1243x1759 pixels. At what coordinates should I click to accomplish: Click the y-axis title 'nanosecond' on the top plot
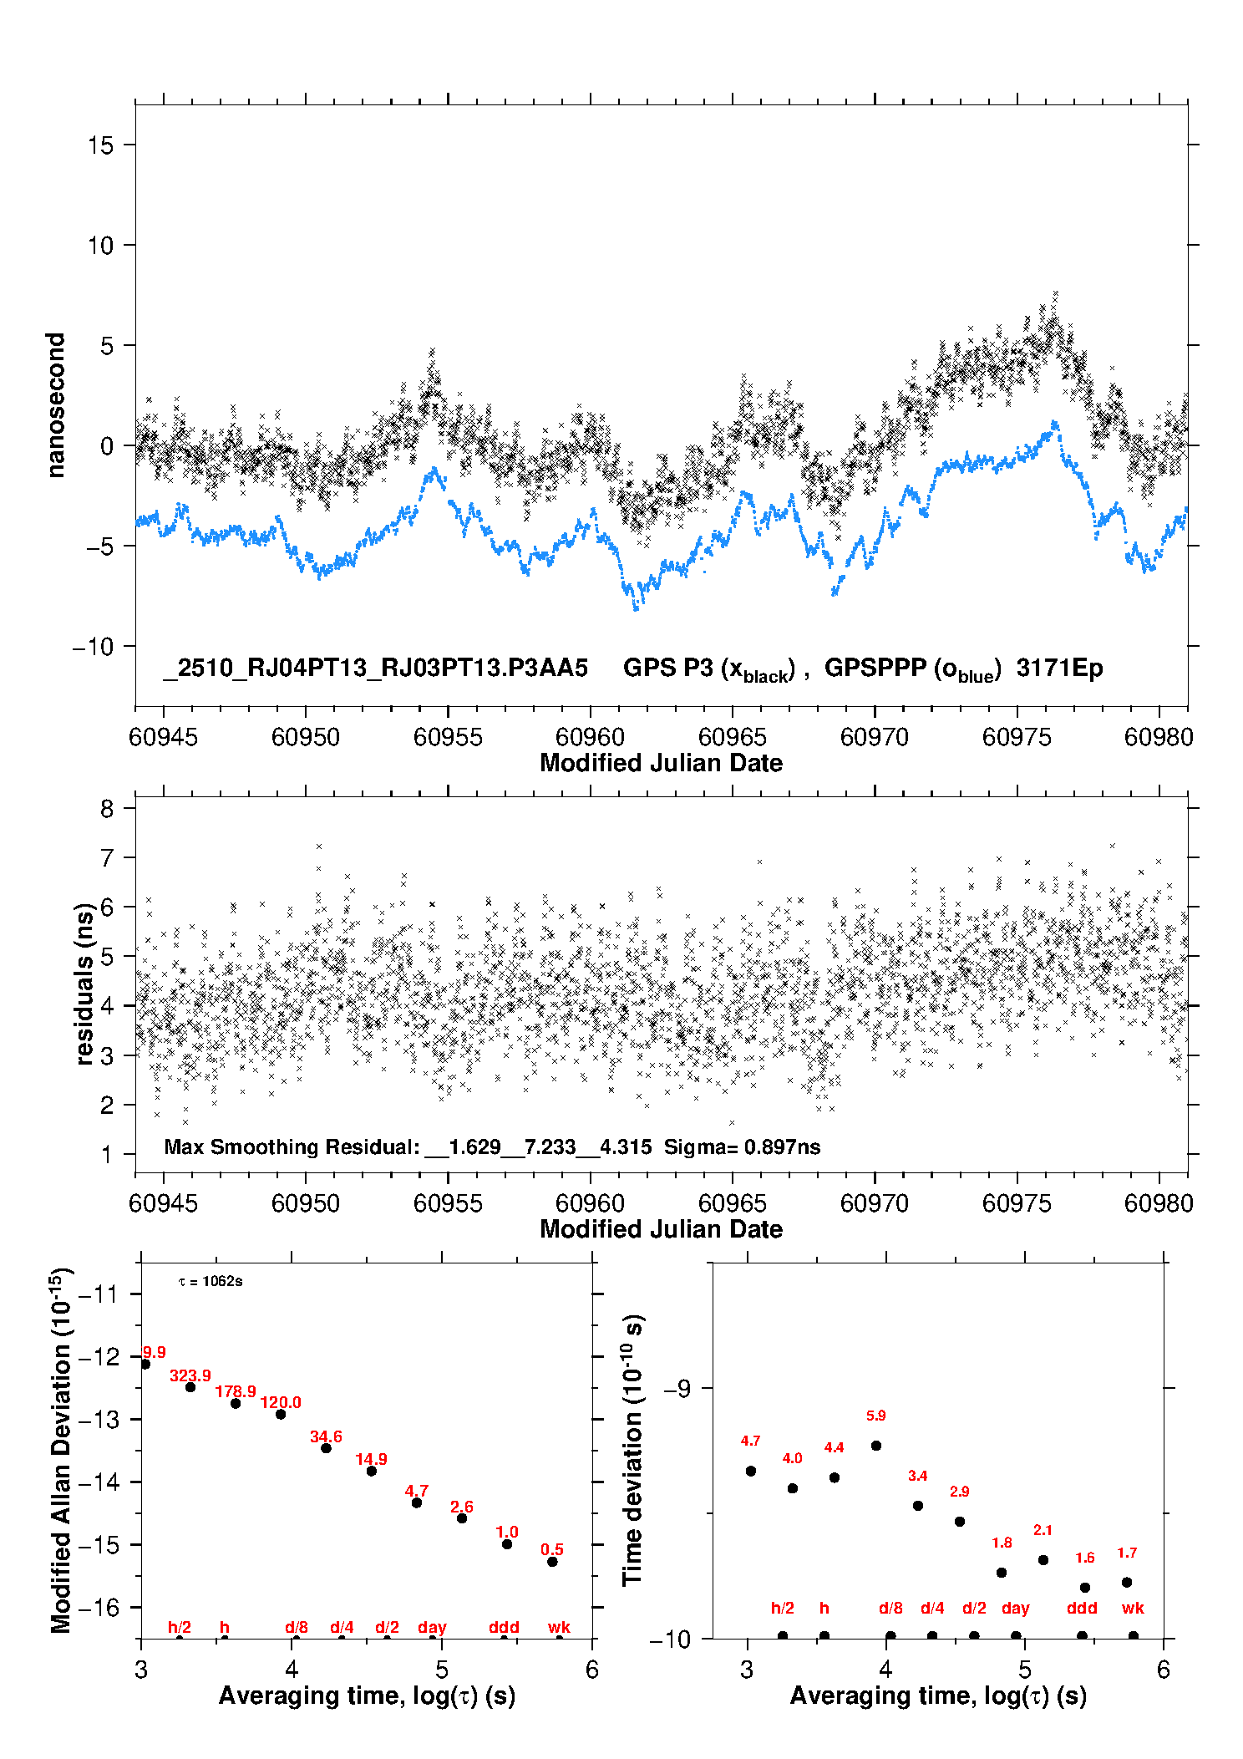(55, 405)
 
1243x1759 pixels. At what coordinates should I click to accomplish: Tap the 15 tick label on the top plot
(100, 145)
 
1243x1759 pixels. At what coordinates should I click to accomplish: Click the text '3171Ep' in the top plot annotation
(1059, 669)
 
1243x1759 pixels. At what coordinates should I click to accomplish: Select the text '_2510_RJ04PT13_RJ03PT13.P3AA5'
(375, 669)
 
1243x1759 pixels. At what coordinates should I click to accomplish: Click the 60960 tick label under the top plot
(590, 737)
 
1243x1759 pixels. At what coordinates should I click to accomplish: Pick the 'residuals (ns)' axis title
(84, 984)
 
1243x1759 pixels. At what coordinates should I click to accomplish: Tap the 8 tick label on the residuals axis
(107, 809)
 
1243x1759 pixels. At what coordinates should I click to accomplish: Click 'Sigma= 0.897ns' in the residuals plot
(742, 1147)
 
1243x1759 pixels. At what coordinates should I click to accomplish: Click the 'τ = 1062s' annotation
(211, 1282)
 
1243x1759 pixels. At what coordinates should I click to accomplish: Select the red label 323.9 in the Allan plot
(190, 1375)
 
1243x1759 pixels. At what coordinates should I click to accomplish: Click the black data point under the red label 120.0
(281, 1415)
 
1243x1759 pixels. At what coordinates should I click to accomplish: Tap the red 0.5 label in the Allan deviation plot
(552, 1550)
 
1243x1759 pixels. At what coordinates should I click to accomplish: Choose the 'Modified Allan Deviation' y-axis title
(61, 1451)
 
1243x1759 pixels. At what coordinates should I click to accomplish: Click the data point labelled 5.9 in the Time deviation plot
(876, 1446)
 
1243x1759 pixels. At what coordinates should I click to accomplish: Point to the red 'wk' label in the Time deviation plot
(1133, 1609)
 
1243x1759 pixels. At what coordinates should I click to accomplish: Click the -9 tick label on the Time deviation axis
(677, 1389)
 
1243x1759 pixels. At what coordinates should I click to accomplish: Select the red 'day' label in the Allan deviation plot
(432, 1628)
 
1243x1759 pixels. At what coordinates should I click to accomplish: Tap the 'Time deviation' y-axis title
(632, 1451)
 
